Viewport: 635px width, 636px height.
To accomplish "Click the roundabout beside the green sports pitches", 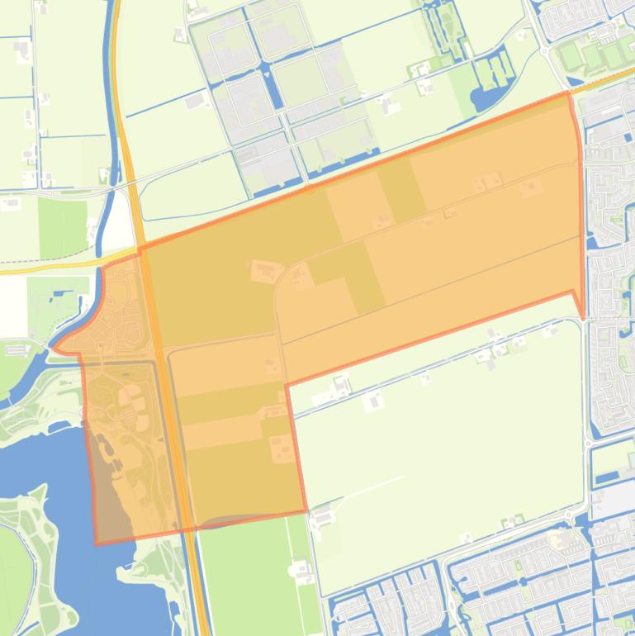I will (547, 50).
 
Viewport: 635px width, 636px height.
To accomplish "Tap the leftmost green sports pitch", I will (570, 56).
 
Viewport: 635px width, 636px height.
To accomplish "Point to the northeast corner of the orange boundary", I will (569, 93).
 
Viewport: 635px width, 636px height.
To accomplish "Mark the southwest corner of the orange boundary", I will (97, 543).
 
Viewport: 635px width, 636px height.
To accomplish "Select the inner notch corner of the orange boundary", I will (287, 385).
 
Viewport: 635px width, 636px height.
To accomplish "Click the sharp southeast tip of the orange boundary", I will (582, 317).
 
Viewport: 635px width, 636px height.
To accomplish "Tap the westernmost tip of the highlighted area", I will (54, 350).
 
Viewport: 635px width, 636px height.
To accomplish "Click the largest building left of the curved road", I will (265, 271).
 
